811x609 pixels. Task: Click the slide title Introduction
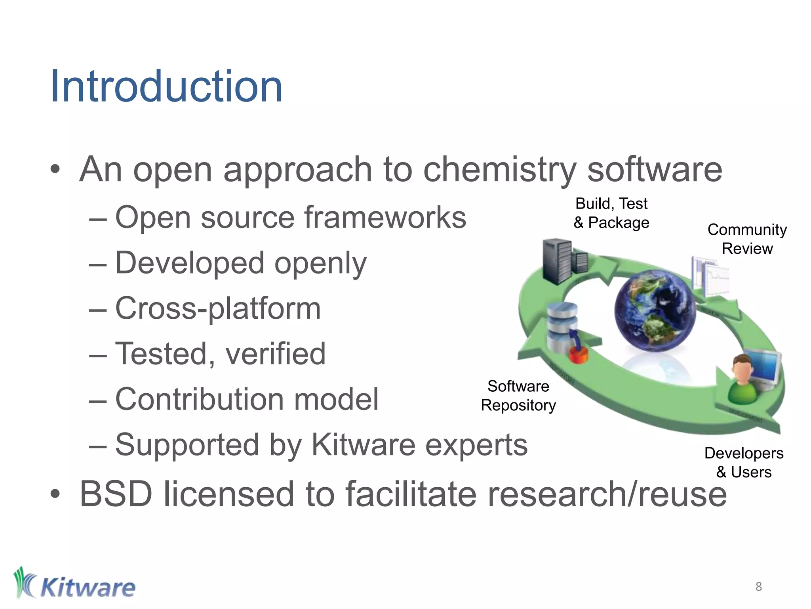coord(166,86)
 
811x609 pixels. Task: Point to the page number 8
coord(758,586)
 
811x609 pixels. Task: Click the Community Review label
coord(747,239)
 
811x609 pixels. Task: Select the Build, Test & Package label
coord(611,213)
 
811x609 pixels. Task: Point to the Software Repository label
coord(518,396)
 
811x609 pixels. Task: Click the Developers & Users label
coord(744,462)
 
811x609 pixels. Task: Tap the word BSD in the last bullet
coord(116,494)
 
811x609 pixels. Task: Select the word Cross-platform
coord(217,308)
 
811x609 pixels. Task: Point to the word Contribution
coord(199,399)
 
